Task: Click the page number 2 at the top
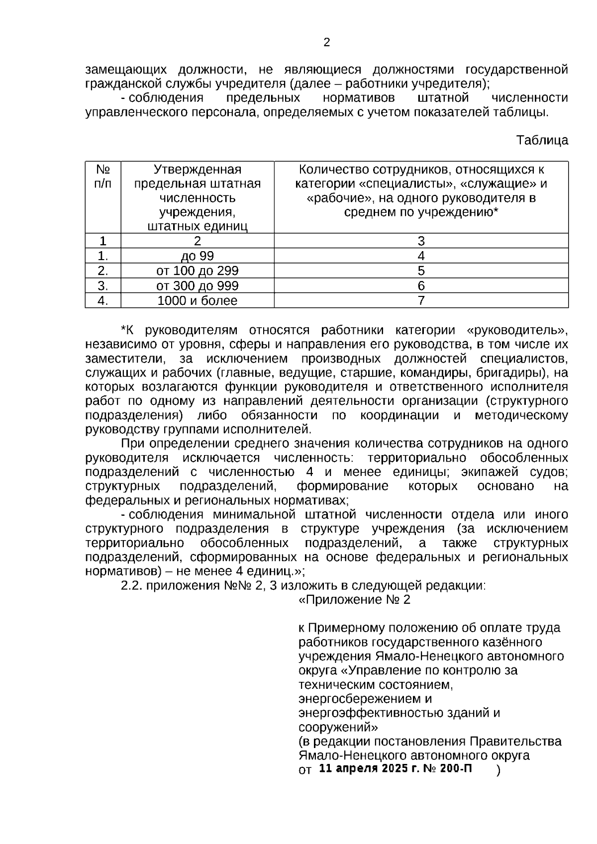(326, 43)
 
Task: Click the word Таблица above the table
(542, 140)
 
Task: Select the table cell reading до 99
(198, 256)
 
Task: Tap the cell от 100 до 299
(198, 271)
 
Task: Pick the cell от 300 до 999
(198, 286)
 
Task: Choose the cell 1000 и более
(198, 301)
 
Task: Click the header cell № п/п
(103, 177)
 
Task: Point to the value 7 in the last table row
(421, 301)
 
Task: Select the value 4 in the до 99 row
(421, 256)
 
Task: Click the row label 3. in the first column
(103, 286)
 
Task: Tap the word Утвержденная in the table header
(198, 170)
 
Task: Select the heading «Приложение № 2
(354, 600)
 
